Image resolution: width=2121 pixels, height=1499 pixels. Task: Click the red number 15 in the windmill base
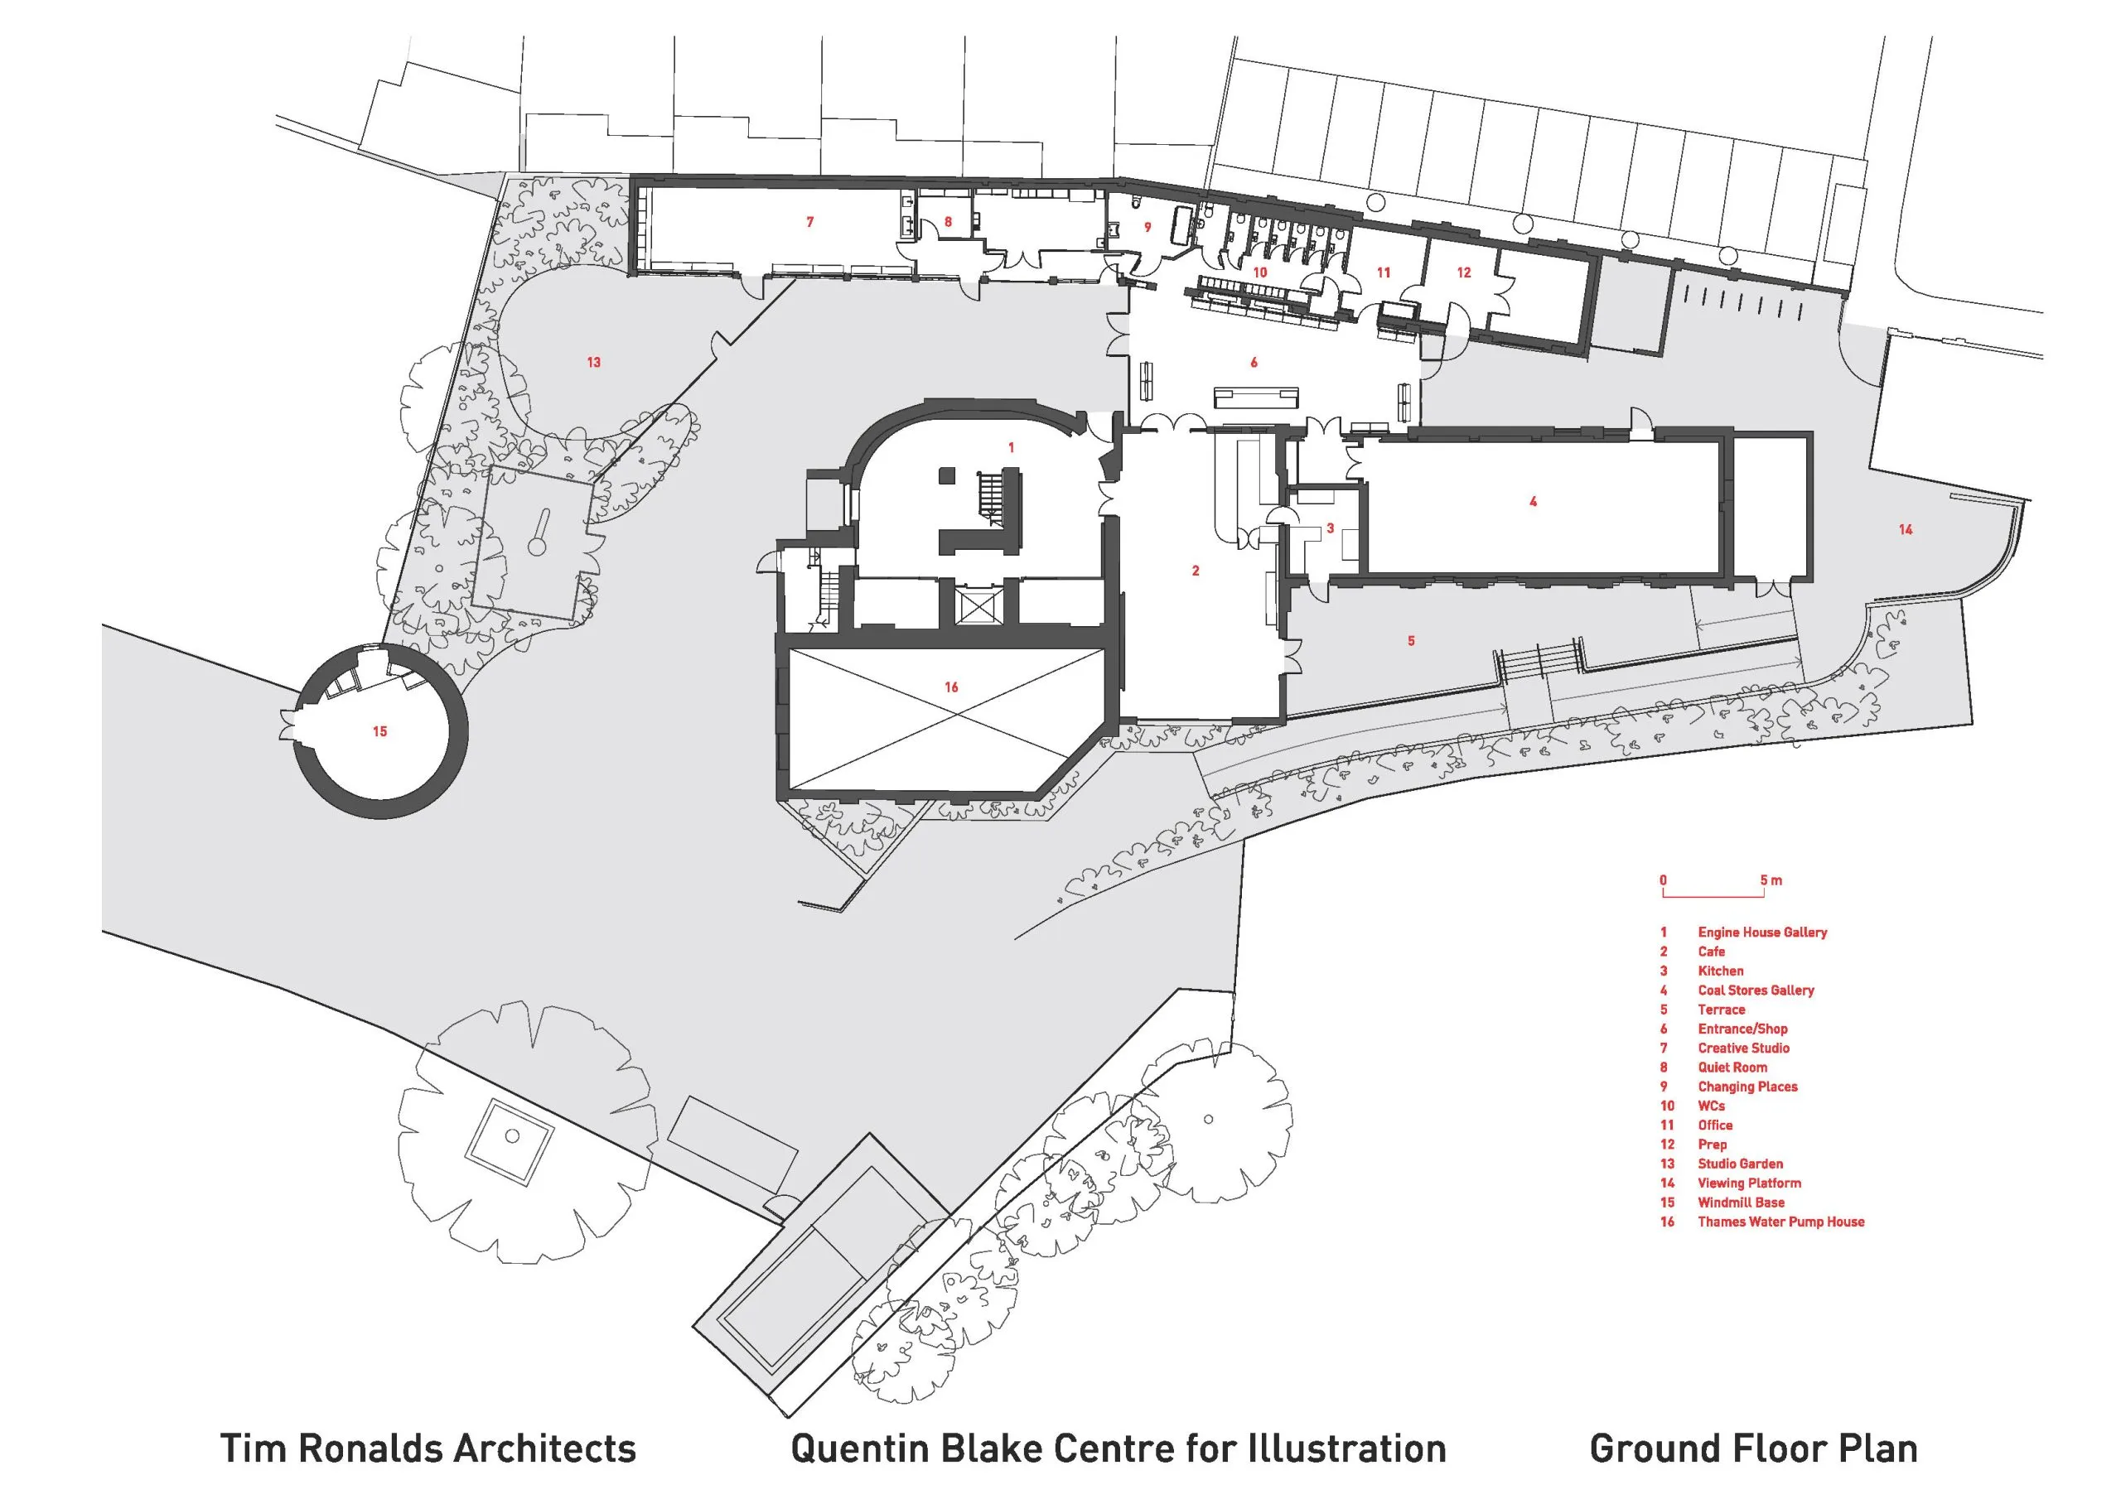(379, 731)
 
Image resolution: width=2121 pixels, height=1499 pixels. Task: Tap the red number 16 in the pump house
(951, 687)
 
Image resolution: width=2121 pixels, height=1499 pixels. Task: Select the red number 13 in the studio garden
(594, 362)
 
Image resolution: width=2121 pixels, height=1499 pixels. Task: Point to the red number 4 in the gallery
(1534, 502)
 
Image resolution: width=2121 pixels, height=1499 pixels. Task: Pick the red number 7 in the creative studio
(810, 222)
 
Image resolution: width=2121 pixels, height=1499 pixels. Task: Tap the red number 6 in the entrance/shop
(1254, 362)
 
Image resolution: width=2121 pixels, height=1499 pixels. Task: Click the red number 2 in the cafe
(1196, 571)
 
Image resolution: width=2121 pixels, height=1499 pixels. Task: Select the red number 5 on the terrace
(1411, 640)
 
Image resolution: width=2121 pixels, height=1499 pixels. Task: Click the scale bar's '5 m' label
(1771, 880)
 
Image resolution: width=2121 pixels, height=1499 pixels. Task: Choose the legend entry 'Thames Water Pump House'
(1781, 1222)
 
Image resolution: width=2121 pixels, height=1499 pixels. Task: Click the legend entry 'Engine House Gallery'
(1762, 933)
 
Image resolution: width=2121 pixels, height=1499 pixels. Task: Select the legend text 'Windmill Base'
(1742, 1203)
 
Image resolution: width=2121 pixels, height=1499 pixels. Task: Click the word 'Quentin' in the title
(859, 1448)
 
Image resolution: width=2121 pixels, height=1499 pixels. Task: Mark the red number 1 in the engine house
(1011, 447)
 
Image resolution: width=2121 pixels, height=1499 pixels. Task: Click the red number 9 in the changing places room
(1148, 226)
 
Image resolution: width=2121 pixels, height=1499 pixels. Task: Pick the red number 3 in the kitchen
(1331, 528)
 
